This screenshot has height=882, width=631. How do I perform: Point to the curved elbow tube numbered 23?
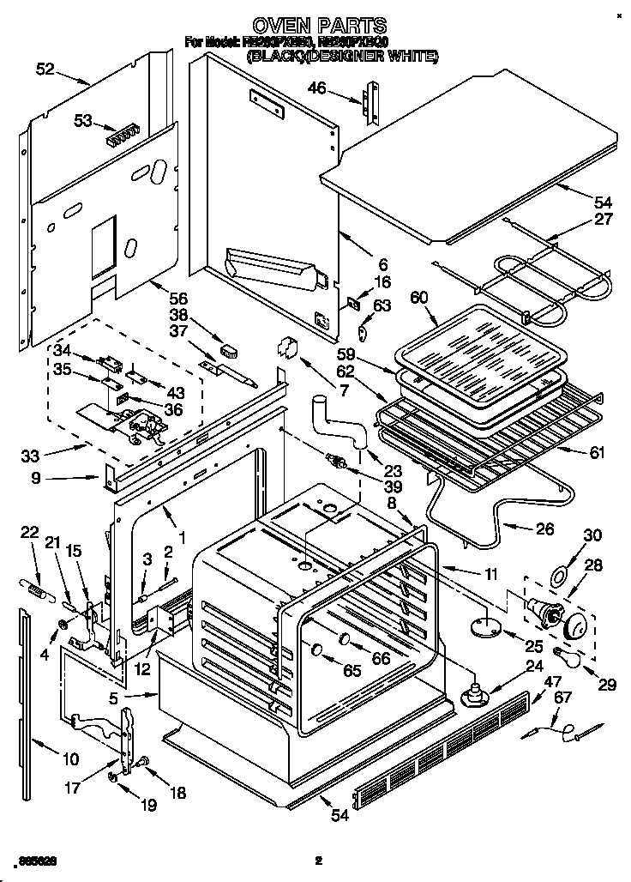(340, 422)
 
